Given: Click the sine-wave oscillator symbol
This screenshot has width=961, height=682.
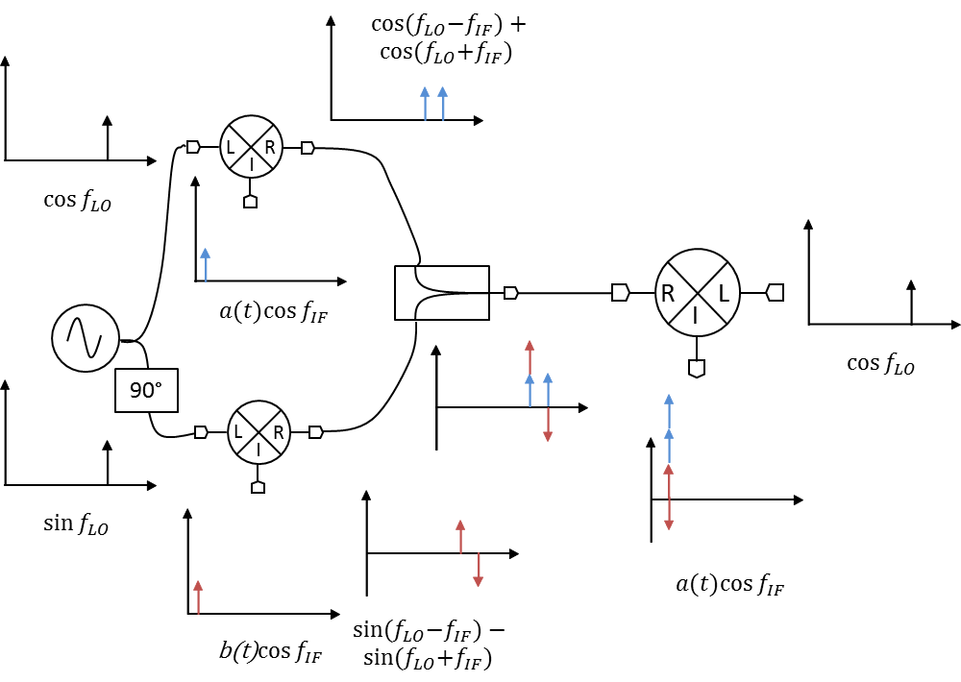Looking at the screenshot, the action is pyautogui.click(x=86, y=339).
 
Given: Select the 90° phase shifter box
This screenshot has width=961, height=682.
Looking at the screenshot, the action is pyautogui.click(x=146, y=390).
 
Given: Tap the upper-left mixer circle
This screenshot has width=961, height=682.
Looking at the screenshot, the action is pyautogui.click(x=251, y=147).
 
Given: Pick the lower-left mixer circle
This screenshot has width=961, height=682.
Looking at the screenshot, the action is pyautogui.click(x=259, y=432).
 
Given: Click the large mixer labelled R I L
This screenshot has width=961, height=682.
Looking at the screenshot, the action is pyautogui.click(x=698, y=293).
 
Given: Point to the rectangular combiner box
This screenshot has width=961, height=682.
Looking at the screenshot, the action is pyautogui.click(x=442, y=293).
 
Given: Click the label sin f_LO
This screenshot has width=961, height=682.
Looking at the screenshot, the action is pyautogui.click(x=76, y=524).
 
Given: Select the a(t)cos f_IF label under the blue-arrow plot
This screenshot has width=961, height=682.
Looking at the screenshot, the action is pyautogui.click(x=273, y=312).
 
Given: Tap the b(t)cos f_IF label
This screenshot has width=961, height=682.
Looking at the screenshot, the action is pyautogui.click(x=270, y=651).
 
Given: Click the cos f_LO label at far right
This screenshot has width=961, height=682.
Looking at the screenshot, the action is pyautogui.click(x=880, y=364).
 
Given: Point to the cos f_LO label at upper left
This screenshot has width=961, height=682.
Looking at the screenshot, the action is pyautogui.click(x=77, y=201).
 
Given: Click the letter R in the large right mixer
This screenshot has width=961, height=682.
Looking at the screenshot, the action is pyautogui.click(x=668, y=294).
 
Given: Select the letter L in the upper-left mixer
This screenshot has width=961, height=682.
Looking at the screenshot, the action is pyautogui.click(x=231, y=148).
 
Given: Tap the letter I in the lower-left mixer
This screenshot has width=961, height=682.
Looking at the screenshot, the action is pyautogui.click(x=259, y=450).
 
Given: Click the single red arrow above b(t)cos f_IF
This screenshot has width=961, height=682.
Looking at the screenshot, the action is pyautogui.click(x=197, y=597).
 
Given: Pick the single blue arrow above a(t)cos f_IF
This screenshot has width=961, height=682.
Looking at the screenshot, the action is pyautogui.click(x=206, y=265).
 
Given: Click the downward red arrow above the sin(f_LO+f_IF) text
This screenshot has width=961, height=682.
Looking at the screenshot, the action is pyautogui.click(x=478, y=570).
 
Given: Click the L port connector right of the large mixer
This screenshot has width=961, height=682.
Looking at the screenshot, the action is pyautogui.click(x=776, y=293).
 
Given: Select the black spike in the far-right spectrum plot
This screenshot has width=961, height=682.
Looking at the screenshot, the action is pyautogui.click(x=911, y=302).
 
